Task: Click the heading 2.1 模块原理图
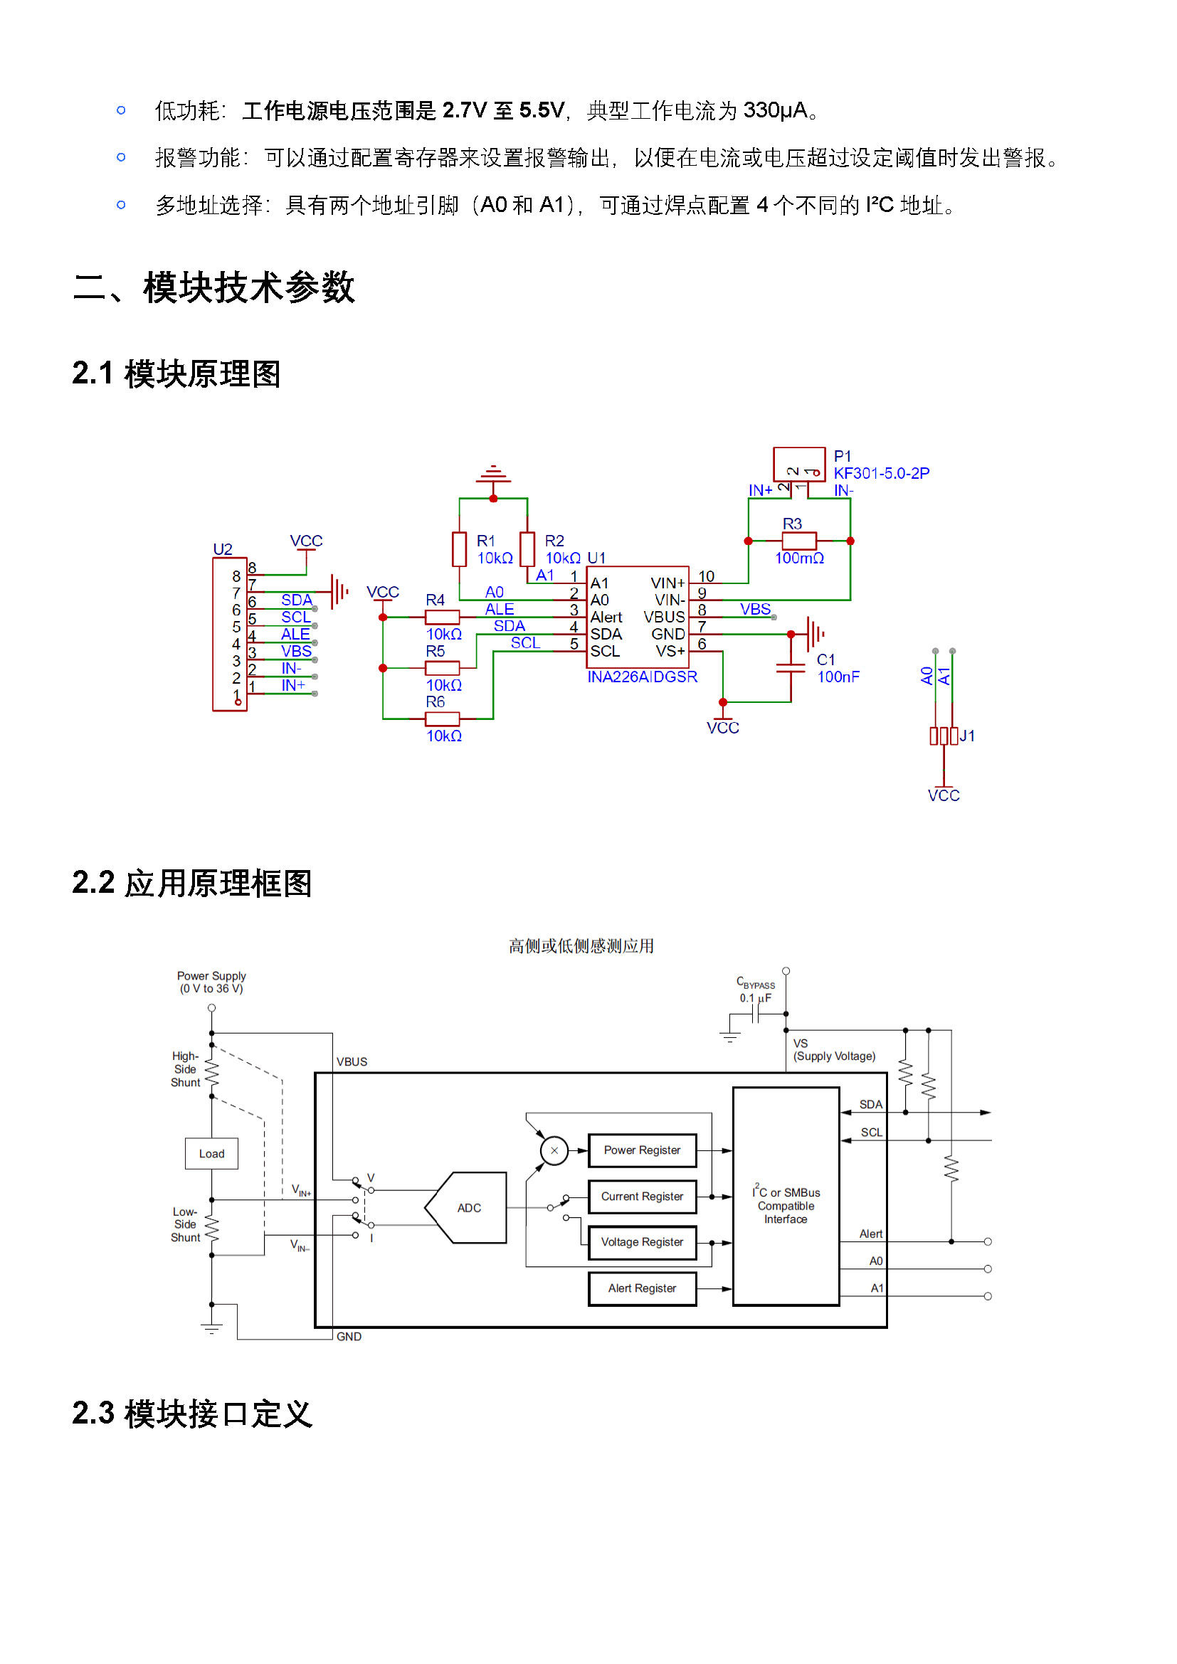point(176,374)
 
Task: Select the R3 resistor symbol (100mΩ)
point(798,541)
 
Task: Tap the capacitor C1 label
point(825,659)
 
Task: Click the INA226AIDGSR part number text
point(642,677)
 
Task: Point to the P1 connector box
point(798,465)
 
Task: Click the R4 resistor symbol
point(442,617)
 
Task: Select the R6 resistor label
point(435,701)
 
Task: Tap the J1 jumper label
point(967,736)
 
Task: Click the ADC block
point(466,1207)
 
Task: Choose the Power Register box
point(642,1150)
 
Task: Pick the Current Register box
point(642,1197)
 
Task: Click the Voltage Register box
point(642,1242)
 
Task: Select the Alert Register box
point(642,1288)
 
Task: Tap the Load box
point(211,1154)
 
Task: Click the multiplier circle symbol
point(554,1150)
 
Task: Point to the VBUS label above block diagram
point(352,1061)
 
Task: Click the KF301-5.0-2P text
point(881,473)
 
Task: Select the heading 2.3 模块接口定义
point(192,1414)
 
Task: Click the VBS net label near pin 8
point(755,609)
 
